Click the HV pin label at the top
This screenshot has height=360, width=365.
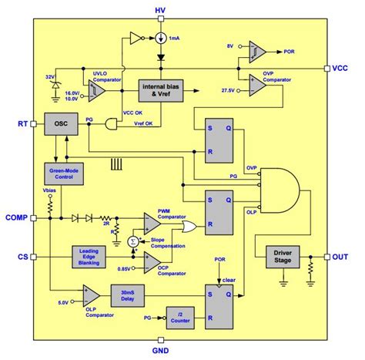point(159,9)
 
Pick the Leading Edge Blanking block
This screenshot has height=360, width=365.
point(92,256)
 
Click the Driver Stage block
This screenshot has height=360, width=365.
point(284,256)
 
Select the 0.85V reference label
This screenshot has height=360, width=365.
point(124,268)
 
